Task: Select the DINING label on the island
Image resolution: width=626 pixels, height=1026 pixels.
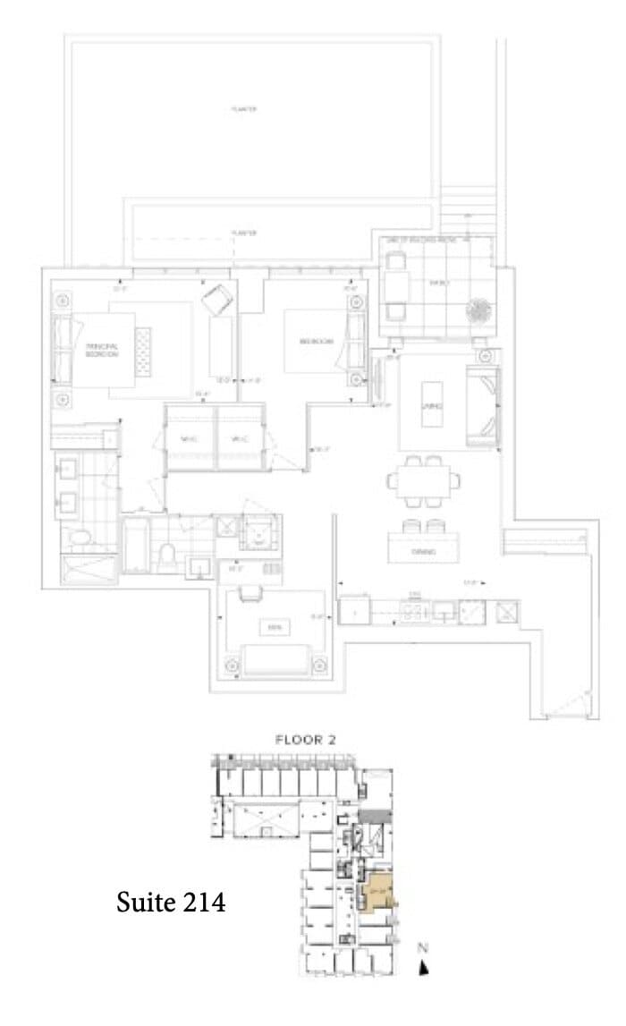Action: (x=423, y=552)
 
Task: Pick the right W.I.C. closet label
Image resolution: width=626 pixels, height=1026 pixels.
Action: (x=239, y=438)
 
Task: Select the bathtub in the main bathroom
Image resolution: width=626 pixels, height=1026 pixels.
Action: (x=136, y=546)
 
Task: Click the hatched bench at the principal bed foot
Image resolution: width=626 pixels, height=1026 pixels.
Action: (x=143, y=350)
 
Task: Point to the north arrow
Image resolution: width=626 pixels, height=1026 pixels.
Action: (x=425, y=966)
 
